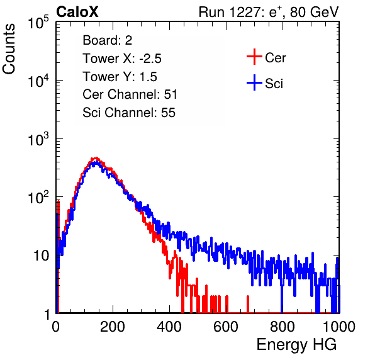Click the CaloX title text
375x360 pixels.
[x=77, y=12]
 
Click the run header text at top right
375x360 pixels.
[x=269, y=12]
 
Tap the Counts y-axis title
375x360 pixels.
[x=9, y=49]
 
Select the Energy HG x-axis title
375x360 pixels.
[x=296, y=345]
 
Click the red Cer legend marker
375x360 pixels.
[x=254, y=57]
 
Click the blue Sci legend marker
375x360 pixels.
[x=254, y=83]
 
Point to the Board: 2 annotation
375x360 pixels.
[x=108, y=40]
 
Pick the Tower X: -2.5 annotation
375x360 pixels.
[x=122, y=59]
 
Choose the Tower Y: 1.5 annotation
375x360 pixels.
[x=120, y=77]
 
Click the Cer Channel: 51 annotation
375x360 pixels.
[x=130, y=94]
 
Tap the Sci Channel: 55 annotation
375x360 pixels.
[x=129, y=113]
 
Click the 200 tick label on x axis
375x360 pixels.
[x=113, y=327]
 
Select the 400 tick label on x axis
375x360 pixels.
[x=169, y=327]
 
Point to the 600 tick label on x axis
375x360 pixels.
[x=226, y=327]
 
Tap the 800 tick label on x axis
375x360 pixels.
[x=283, y=327]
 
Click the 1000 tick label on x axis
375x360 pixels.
[x=339, y=327]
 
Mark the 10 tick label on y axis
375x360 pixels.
[x=41, y=256]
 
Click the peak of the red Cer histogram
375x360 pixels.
[x=96, y=158]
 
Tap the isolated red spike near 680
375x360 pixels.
[x=248, y=304]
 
